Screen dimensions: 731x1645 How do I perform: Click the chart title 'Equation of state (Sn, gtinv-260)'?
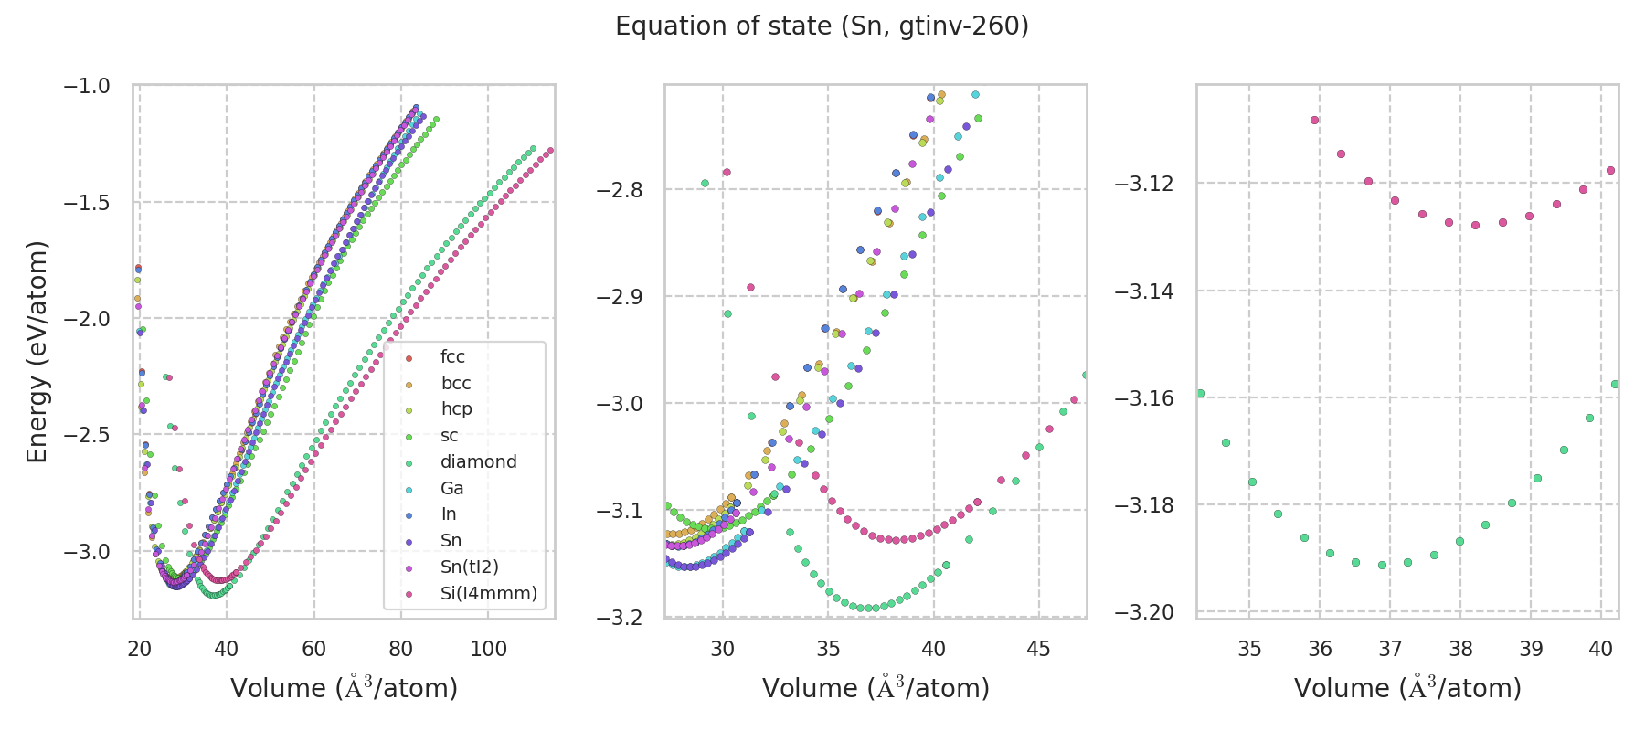(x=822, y=26)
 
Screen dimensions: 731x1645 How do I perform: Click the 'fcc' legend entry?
(x=452, y=357)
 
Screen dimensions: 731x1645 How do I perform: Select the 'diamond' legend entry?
(x=478, y=462)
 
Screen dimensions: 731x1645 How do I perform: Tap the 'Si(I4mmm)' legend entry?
(x=488, y=594)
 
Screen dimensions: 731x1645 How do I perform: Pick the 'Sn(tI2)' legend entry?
(x=469, y=567)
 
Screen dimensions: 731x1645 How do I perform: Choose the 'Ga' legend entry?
(x=451, y=489)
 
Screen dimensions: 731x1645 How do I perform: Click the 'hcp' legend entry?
(x=456, y=409)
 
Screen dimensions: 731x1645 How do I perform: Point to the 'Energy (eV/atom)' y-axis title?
(x=37, y=352)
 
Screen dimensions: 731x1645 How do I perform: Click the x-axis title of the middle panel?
(x=876, y=688)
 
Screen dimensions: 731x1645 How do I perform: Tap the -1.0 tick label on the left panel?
(x=86, y=86)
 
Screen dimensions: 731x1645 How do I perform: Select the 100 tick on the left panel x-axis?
(x=488, y=649)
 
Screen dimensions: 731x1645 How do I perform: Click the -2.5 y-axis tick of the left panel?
(x=86, y=435)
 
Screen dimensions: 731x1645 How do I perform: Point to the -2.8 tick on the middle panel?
(x=620, y=190)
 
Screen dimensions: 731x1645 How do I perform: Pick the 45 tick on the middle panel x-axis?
(x=1039, y=649)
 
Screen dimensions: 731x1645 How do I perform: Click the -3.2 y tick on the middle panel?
(x=620, y=618)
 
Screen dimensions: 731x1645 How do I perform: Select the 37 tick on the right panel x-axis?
(x=1390, y=649)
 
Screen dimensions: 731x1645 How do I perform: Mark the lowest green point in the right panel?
(x=1382, y=566)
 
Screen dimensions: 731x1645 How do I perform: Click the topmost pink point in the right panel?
(x=1314, y=120)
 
